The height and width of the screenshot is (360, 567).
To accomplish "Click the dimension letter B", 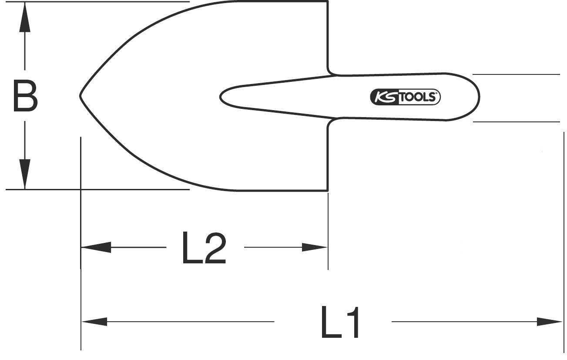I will tap(25, 95).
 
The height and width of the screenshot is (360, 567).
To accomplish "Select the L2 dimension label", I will tap(204, 249).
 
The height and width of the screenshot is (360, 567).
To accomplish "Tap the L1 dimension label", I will tap(340, 323).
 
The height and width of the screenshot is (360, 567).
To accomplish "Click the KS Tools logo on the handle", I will tap(405, 97).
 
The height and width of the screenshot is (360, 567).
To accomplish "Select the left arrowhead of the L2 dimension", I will tap(96, 248).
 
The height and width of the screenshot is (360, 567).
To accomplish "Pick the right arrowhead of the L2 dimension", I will tap(314, 248).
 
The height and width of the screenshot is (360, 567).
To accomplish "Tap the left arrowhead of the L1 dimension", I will tap(95, 322).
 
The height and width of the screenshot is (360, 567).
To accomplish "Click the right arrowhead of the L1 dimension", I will tap(550, 322).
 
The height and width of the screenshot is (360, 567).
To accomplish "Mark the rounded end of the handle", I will tap(478, 96).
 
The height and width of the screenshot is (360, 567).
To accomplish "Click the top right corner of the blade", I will tap(327, 3).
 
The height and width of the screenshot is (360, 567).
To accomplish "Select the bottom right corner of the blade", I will tap(327, 190).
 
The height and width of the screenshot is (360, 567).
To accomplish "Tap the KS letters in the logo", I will tap(382, 97).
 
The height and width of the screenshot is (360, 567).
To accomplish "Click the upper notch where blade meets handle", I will tap(331, 73).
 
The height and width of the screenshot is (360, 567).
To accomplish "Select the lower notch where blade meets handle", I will tap(331, 121).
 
